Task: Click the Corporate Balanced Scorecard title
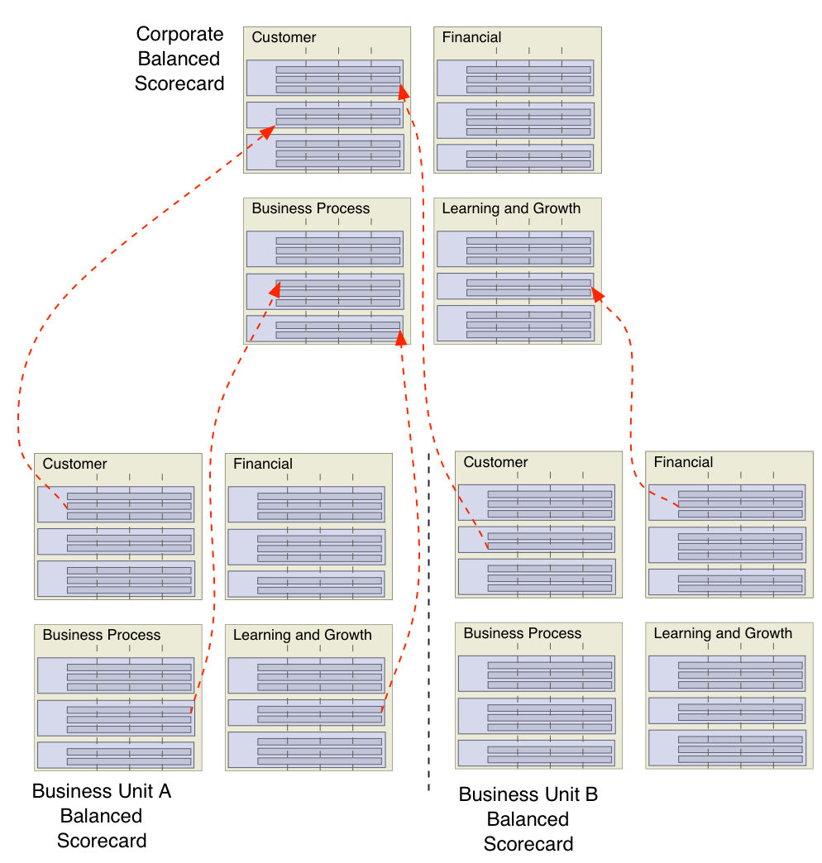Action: point(179,59)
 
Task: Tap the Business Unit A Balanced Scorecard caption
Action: point(102,816)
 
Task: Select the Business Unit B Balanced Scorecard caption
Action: point(528,819)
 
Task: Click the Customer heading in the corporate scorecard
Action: point(284,37)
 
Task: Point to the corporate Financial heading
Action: point(471,37)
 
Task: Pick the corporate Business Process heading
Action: point(310,208)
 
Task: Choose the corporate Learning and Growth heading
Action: point(511,208)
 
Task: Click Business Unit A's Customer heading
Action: point(74,464)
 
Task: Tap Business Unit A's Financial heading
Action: point(263,464)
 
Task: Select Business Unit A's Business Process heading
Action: point(101,635)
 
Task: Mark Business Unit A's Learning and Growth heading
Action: point(302,635)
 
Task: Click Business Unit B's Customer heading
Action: point(495,462)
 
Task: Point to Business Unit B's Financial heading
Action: point(683,462)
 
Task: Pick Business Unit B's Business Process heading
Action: point(522,633)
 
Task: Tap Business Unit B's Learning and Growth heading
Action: point(723,633)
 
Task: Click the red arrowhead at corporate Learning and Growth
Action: point(597,294)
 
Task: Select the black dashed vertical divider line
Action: point(428,620)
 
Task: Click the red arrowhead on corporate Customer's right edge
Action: point(403,91)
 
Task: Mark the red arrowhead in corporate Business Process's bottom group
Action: point(401,337)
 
